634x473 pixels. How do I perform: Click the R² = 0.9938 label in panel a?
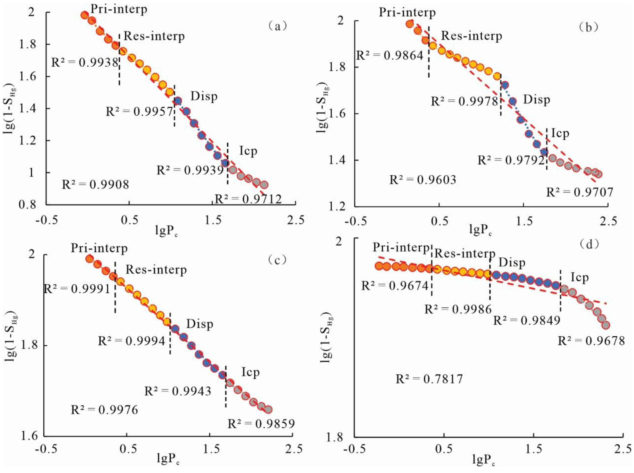coord(85,62)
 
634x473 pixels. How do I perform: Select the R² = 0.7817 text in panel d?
coord(429,379)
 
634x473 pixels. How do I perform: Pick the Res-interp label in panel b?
coord(471,36)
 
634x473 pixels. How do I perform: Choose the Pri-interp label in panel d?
coord(401,247)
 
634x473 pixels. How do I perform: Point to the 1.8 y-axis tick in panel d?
coord(338,437)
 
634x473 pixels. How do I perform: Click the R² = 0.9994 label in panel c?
coord(132,341)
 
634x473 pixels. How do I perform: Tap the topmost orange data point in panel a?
coord(84,15)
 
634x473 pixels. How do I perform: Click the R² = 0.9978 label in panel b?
coord(464,101)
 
